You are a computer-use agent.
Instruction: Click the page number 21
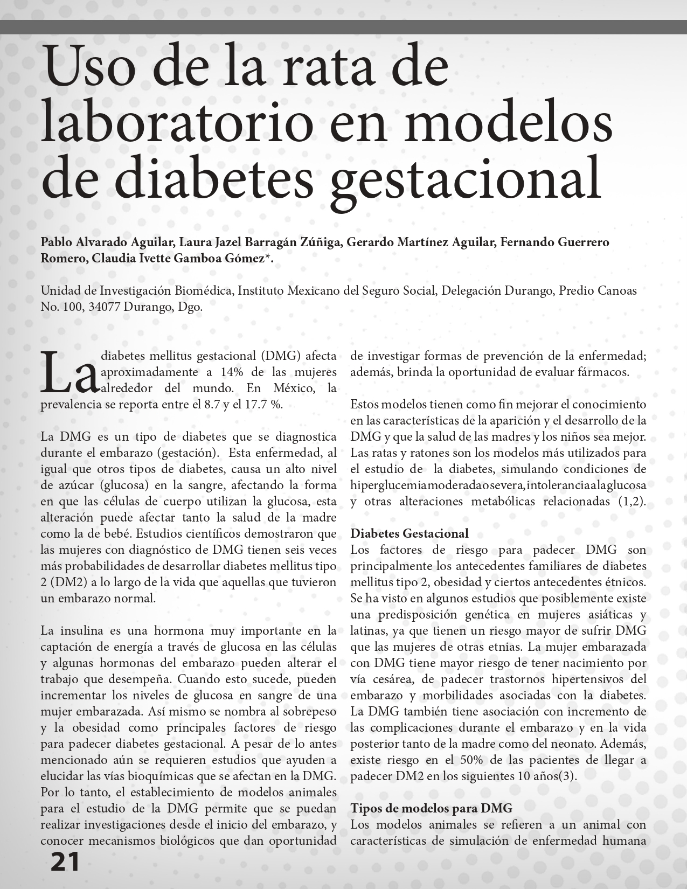65,862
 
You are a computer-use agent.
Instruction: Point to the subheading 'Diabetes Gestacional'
410,534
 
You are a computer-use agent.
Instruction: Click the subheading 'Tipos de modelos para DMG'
431,808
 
